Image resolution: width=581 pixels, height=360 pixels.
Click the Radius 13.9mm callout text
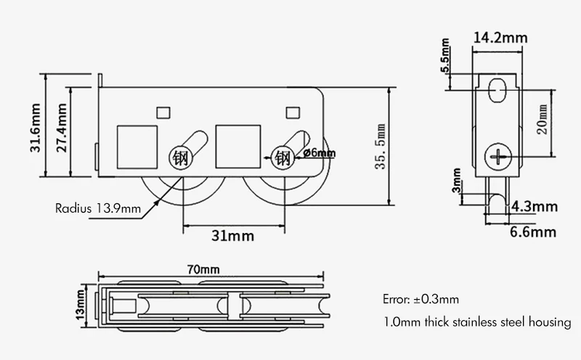click(98, 208)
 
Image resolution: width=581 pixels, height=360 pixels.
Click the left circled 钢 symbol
click(179, 157)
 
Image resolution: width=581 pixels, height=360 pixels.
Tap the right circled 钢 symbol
click(283, 156)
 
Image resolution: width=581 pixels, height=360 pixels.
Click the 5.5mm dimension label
click(446, 60)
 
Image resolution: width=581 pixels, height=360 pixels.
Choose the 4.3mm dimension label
click(535, 206)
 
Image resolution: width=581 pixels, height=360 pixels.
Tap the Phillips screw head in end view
click(498, 155)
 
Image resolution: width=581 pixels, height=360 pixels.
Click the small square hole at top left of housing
click(163, 112)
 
